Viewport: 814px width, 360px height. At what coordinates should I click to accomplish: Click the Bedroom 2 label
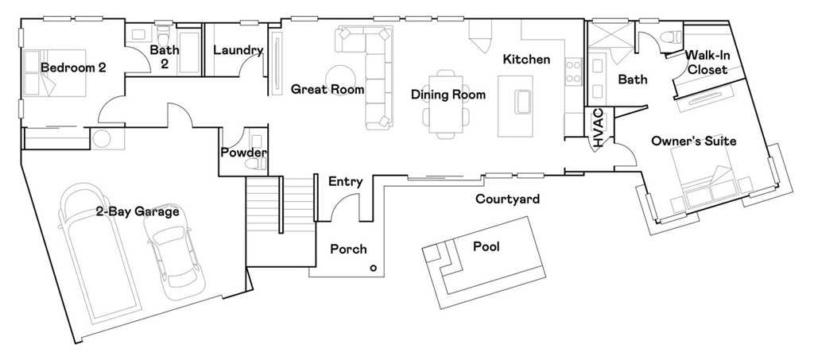(x=73, y=68)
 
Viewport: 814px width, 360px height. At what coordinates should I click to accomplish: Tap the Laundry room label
(x=238, y=51)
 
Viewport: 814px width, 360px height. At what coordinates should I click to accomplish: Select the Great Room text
(x=327, y=89)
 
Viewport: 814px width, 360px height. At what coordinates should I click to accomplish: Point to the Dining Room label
(x=448, y=95)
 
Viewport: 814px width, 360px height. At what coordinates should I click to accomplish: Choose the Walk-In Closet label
(x=707, y=63)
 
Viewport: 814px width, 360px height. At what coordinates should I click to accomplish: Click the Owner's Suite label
(x=693, y=141)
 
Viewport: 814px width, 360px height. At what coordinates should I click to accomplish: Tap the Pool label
(x=486, y=246)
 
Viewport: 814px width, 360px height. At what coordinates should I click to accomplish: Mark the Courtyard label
(x=507, y=199)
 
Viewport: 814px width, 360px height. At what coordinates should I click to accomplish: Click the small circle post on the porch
(x=373, y=269)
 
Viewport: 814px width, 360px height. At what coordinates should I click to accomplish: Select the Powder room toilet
(x=255, y=164)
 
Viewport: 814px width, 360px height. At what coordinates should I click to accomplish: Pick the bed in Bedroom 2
(x=51, y=75)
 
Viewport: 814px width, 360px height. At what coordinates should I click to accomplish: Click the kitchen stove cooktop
(x=572, y=72)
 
